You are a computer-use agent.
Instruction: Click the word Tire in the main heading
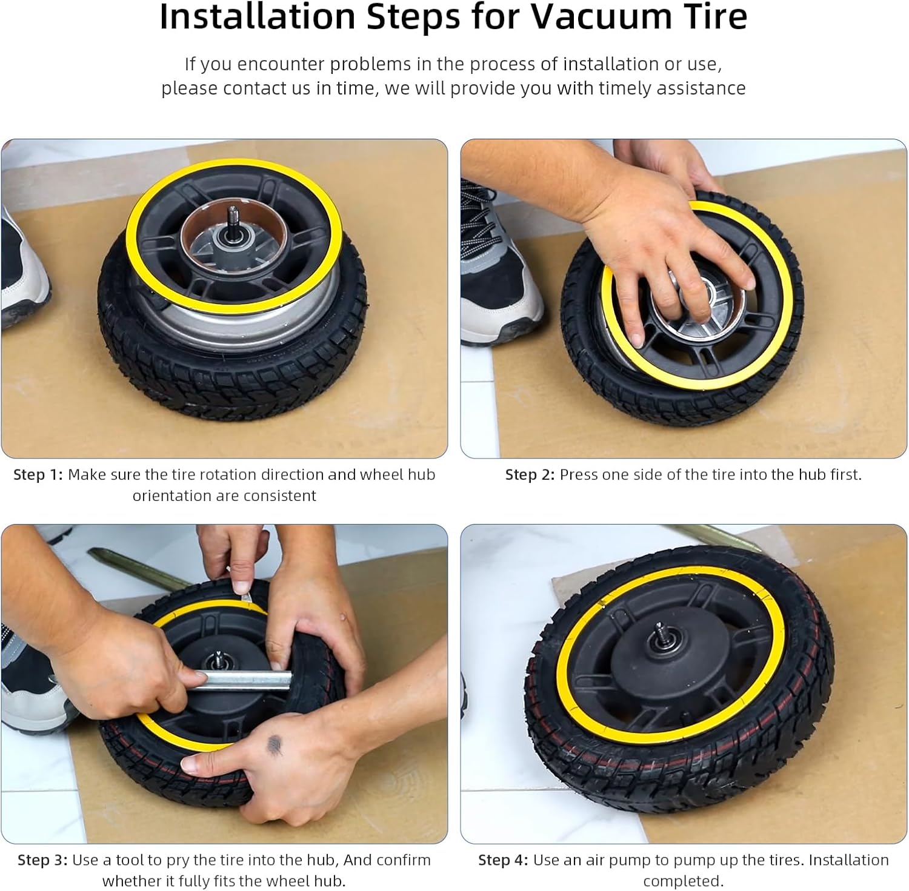(713, 16)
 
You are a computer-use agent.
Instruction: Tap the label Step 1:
(38, 475)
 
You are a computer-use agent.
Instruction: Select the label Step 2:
(530, 475)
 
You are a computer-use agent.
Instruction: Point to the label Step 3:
(42, 860)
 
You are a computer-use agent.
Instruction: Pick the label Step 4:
(502, 860)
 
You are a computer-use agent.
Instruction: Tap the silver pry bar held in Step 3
(242, 680)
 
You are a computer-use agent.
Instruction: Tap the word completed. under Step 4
(684, 881)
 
